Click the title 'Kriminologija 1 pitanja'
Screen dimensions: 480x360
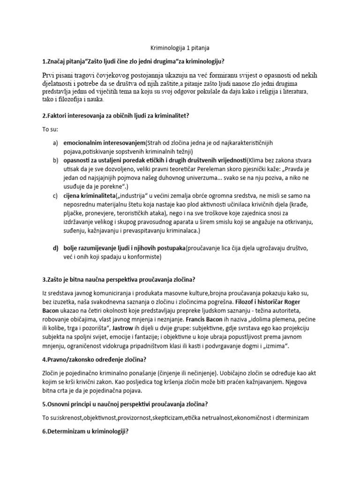pyautogui.click(x=180, y=48)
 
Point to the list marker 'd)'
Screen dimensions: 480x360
pyautogui.click(x=55, y=248)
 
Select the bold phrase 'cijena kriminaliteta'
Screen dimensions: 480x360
pyautogui.click(x=91, y=195)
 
